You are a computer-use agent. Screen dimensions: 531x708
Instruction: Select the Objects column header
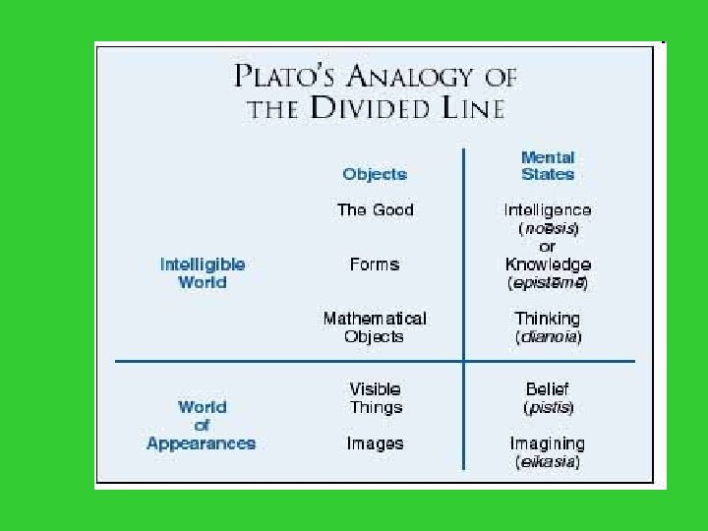(375, 174)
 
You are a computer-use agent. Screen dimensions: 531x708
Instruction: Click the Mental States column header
(548, 165)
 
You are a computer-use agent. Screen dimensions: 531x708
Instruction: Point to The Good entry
(375, 209)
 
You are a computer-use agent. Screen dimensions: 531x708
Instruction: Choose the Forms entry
(375, 264)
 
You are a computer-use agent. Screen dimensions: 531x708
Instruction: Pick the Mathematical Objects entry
(375, 326)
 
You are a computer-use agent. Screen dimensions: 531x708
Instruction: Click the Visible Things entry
(375, 397)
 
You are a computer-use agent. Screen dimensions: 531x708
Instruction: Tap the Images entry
(375, 443)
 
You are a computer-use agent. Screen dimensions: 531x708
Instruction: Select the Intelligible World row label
(202, 272)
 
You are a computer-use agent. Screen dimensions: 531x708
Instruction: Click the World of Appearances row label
(202, 425)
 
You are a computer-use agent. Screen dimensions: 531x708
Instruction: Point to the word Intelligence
(548, 209)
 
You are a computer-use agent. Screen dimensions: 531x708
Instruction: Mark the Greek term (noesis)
(548, 228)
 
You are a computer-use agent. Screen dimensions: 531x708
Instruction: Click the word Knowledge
(548, 265)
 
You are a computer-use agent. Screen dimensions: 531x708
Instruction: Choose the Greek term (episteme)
(548, 283)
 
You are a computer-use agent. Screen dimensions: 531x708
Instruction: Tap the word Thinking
(548, 319)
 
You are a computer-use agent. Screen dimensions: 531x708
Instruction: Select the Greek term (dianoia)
(548, 337)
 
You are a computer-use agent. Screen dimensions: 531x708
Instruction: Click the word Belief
(548, 388)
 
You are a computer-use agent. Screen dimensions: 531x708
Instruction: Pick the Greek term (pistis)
(548, 407)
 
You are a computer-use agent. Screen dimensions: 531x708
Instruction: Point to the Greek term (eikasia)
(548, 461)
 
